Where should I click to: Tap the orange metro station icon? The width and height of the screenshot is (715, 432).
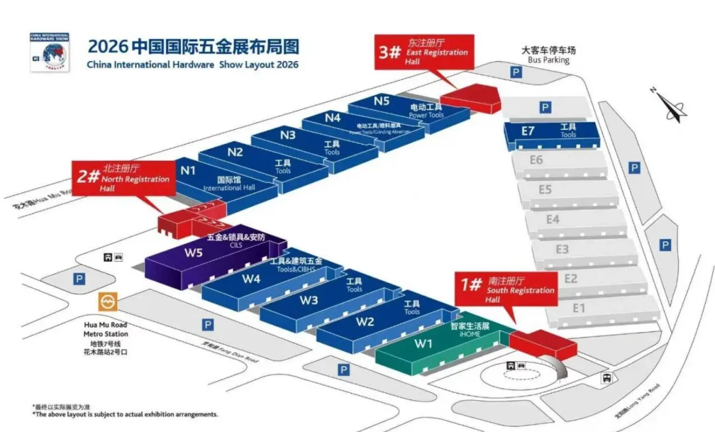coord(107,303)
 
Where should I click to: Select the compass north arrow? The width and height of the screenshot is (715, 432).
coord(671,106)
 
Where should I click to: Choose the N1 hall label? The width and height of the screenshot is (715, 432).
coord(188,170)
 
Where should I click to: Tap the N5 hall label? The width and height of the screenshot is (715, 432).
coord(381,101)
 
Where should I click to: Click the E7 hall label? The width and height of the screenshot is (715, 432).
coord(527,131)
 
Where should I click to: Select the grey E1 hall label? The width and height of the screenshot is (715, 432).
coord(579,307)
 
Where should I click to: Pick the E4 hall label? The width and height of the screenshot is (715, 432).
coord(553,219)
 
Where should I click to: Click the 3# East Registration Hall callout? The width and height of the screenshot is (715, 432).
coord(424,52)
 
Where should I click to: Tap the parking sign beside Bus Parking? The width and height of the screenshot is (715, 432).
coord(514,72)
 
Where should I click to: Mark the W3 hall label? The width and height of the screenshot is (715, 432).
coord(309,300)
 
